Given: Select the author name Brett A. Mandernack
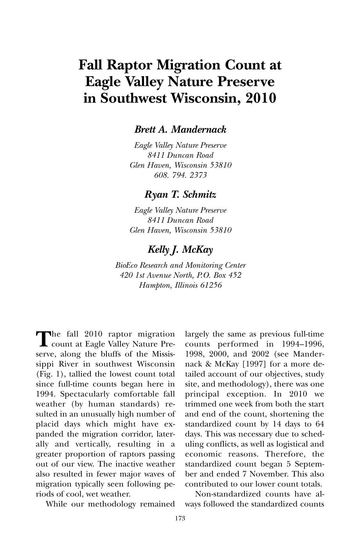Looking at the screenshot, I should pos(180,130).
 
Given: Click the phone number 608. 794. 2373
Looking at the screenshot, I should pos(180,175).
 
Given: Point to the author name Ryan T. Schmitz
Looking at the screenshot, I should pos(180,194).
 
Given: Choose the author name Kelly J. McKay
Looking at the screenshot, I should pos(180,250).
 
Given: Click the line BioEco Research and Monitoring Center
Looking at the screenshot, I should pos(180,265).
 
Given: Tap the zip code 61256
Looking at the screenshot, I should pos(209,285).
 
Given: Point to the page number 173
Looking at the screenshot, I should pos(180,518).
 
